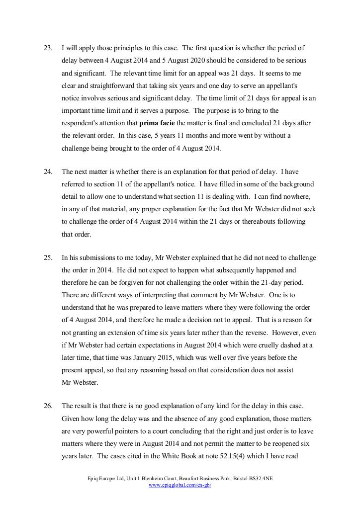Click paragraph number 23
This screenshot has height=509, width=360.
48,48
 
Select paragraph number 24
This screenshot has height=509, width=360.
48,172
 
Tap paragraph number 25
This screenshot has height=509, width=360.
48,258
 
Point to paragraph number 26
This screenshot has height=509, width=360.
48,406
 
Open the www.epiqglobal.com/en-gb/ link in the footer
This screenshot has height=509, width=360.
180,485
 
